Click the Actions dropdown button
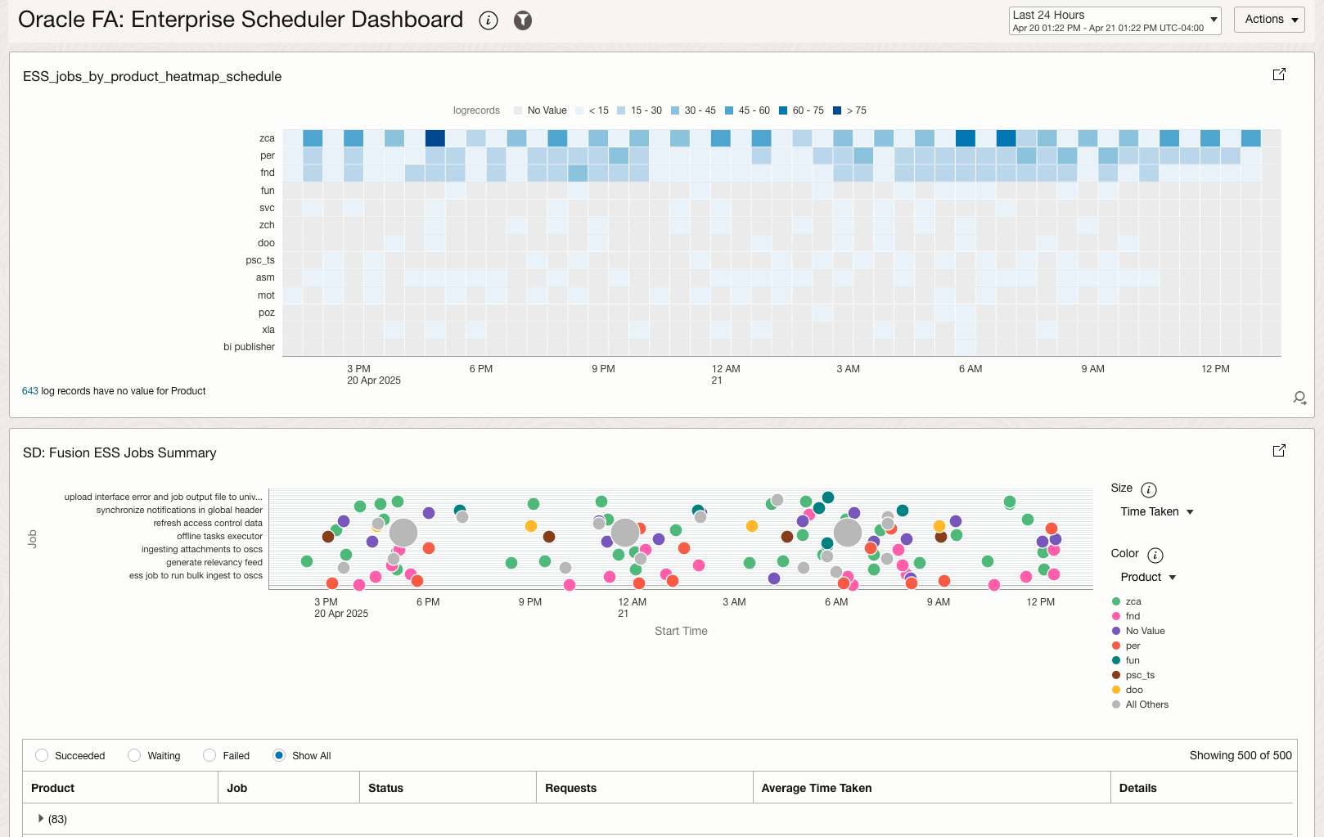(x=1271, y=20)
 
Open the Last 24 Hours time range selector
(x=1114, y=20)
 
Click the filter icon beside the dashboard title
(x=523, y=21)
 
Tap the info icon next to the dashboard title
(x=489, y=21)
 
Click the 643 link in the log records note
(x=30, y=391)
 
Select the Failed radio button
(x=210, y=755)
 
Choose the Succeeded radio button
(x=42, y=755)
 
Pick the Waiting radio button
(x=134, y=755)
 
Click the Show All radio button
(x=279, y=755)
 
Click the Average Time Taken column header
(x=816, y=788)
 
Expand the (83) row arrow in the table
(x=41, y=818)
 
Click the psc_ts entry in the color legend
(x=1139, y=675)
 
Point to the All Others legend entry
(x=1146, y=704)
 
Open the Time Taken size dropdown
(x=1156, y=511)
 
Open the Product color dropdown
(x=1147, y=577)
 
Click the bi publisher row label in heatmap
(x=249, y=347)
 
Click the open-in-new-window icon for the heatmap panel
(x=1279, y=74)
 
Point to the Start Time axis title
(x=681, y=631)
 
